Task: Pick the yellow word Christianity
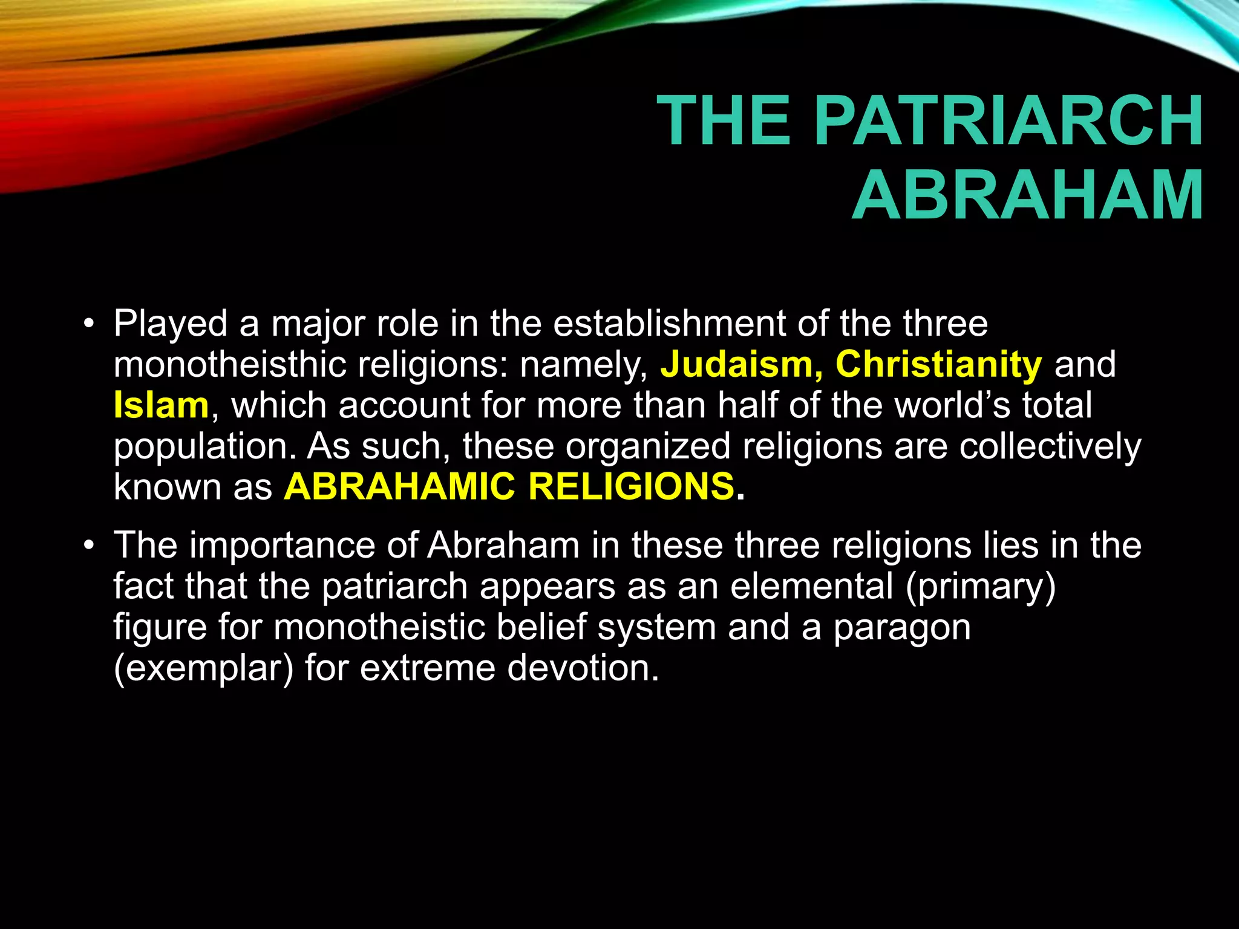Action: click(x=938, y=365)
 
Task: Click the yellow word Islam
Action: click(x=161, y=405)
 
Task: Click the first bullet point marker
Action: click(x=89, y=324)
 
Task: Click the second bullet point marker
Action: click(x=89, y=546)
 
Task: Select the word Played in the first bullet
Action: click(x=170, y=324)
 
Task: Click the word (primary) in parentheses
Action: click(x=980, y=587)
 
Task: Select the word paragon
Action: click(x=902, y=628)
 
